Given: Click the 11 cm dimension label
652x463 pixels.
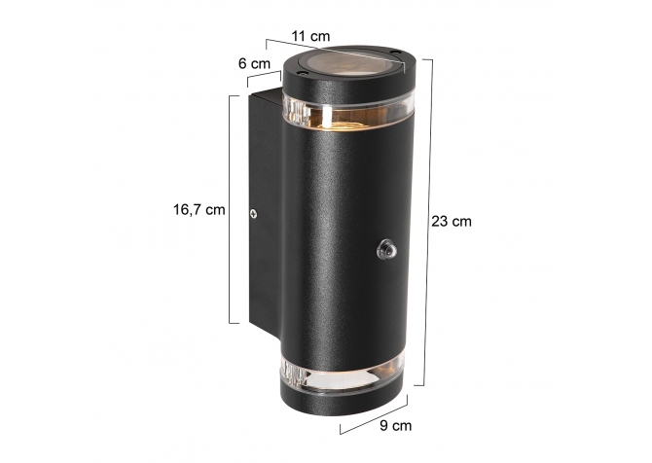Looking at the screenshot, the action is tap(310, 36).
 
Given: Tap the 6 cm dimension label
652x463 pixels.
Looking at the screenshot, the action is tap(254, 63).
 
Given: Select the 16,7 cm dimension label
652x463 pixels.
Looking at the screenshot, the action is tap(199, 209).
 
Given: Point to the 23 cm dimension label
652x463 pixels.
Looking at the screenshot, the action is tap(452, 221).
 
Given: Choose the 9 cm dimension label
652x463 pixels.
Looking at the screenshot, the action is tap(395, 425).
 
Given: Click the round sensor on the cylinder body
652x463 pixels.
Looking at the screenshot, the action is tap(386, 249).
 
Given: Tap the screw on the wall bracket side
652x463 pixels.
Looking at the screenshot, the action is tap(253, 214).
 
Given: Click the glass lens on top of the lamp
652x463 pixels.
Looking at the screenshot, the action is tap(351, 65).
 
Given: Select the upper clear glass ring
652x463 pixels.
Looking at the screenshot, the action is tap(349, 112).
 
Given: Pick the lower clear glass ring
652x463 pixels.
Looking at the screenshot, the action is tap(344, 375).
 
